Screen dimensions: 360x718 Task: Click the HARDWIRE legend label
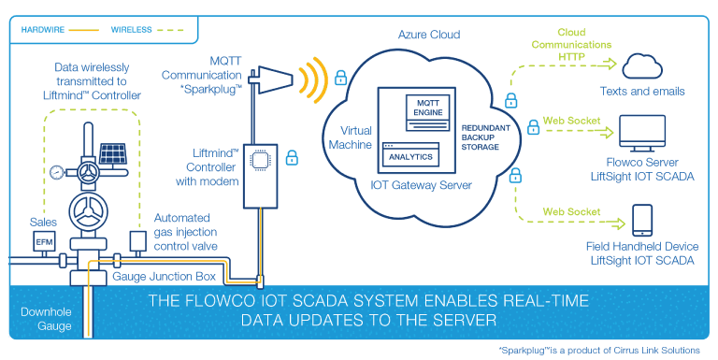42,29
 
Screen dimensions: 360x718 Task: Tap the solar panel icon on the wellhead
114,152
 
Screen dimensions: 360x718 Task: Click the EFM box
44,241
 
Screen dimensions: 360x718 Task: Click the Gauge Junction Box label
165,278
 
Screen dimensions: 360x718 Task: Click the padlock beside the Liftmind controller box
292,157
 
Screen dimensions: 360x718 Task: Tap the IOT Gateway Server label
422,185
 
